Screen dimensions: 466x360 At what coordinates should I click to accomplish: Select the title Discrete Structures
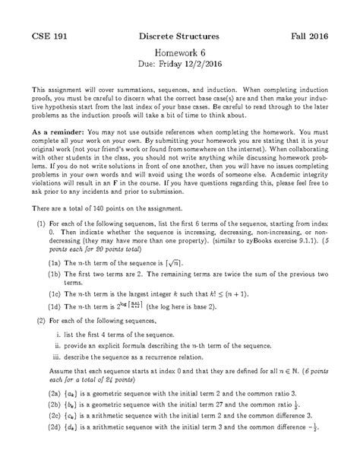point(180,36)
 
